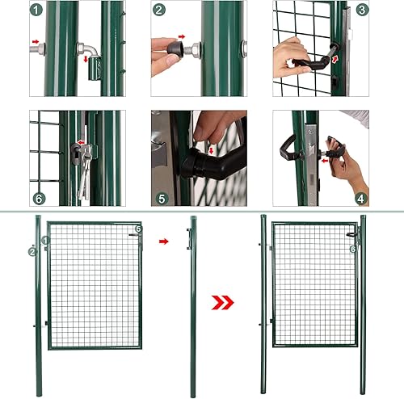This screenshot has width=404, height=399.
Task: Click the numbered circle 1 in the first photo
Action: [36, 10]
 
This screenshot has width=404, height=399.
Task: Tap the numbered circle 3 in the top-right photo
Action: [362, 10]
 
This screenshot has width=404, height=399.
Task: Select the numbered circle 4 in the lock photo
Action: [361, 199]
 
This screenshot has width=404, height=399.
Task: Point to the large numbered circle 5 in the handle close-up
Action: [162, 199]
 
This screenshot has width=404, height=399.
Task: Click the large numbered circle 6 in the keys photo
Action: [40, 199]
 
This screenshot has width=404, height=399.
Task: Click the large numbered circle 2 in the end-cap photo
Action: [159, 10]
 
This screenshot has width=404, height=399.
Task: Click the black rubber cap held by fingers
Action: [175, 48]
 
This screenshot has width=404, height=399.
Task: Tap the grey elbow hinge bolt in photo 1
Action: [89, 50]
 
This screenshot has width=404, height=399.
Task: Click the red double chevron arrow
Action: [222, 302]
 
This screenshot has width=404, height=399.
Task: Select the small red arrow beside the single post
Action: [164, 241]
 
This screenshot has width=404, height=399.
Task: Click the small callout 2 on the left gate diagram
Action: [32, 252]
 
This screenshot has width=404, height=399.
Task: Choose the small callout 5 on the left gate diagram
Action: [138, 229]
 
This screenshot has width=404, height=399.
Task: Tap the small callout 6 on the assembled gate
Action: [353, 249]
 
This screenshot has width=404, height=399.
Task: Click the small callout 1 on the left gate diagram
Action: [45, 240]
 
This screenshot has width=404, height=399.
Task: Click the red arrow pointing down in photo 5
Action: [211, 150]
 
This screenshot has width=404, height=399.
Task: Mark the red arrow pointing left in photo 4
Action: [326, 161]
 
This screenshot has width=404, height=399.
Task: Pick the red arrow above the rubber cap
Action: [182, 36]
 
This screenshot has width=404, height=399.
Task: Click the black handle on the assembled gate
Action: [351, 235]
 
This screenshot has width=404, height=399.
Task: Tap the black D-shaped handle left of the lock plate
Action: [288, 148]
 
